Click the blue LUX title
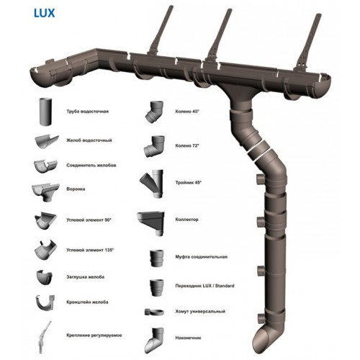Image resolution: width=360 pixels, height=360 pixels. tap(45, 13)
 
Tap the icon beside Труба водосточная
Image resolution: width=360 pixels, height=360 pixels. tap(45, 112)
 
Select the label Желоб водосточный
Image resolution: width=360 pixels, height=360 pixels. tap(89, 140)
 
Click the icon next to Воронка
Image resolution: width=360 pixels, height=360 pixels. tap(45, 192)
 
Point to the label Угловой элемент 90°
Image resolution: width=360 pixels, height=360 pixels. tap(89, 220)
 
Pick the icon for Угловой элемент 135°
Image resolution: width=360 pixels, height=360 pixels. tap(45, 250)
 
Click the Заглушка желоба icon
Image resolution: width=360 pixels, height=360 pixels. tap(44, 277)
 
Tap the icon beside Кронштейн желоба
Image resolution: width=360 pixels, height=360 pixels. tap(45, 303)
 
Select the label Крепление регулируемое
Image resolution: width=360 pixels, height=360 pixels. tap(94, 336)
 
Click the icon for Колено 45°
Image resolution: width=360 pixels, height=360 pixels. tap(154, 112)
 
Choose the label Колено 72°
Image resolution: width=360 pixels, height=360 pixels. tap(187, 145)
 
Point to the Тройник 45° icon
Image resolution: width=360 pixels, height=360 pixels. tap(152, 184)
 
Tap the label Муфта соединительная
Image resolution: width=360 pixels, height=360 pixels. tap(201, 257)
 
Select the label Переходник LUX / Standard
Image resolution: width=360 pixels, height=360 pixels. tap(204, 286)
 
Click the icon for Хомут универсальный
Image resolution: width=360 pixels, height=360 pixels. tap(154, 312)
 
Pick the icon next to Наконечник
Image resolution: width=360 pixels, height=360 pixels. tap(154, 341)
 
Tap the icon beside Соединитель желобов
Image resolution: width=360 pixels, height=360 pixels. tap(45, 166)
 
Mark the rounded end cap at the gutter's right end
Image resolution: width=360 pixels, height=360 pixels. tap(325, 87)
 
